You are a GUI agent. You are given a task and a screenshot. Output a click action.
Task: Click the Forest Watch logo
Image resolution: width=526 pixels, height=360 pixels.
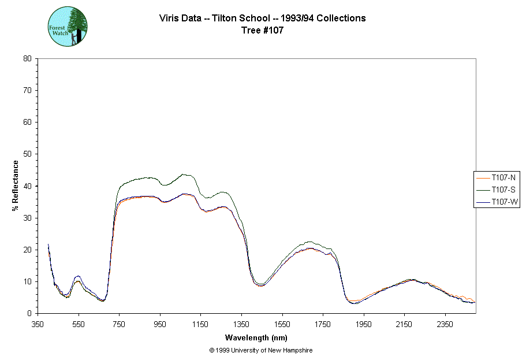(x=67, y=27)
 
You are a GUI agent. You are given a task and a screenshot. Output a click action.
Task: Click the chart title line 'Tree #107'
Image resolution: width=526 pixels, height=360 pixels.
(x=262, y=31)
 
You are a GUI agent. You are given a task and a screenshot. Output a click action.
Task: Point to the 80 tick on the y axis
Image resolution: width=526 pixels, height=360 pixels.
(x=27, y=58)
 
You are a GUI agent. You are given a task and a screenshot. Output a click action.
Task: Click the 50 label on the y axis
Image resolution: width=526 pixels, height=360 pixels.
(x=27, y=154)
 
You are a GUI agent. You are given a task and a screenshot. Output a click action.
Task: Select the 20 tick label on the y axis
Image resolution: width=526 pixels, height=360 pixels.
(x=27, y=250)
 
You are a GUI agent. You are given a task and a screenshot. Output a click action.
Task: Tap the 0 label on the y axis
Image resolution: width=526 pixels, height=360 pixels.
(x=29, y=314)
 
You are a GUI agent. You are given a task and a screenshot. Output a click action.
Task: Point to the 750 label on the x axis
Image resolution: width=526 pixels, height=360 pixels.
(x=120, y=324)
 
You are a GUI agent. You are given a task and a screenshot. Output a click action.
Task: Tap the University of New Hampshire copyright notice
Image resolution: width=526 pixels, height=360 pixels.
(x=261, y=350)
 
